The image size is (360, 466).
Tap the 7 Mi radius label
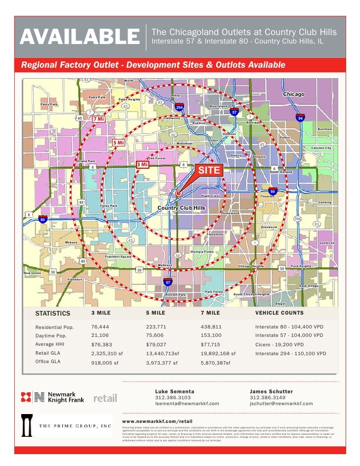(x=99, y=119)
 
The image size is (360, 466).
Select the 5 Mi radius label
(x=118, y=142)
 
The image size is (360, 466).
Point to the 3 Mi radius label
(x=142, y=164)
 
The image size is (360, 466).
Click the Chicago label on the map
(x=294, y=94)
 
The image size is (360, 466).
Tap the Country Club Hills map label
(x=181, y=208)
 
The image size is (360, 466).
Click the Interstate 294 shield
(x=180, y=107)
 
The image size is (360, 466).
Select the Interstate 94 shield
(x=300, y=118)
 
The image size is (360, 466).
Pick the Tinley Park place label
(x=109, y=206)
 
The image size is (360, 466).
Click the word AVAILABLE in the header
(x=80, y=37)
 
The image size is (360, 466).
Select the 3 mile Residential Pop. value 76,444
(x=101, y=327)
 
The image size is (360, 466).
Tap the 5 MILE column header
(x=155, y=313)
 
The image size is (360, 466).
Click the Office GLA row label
(x=47, y=362)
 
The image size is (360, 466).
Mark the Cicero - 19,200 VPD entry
(x=279, y=344)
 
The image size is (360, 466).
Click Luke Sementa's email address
(x=187, y=404)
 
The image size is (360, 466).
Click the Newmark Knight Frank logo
(x=52, y=397)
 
